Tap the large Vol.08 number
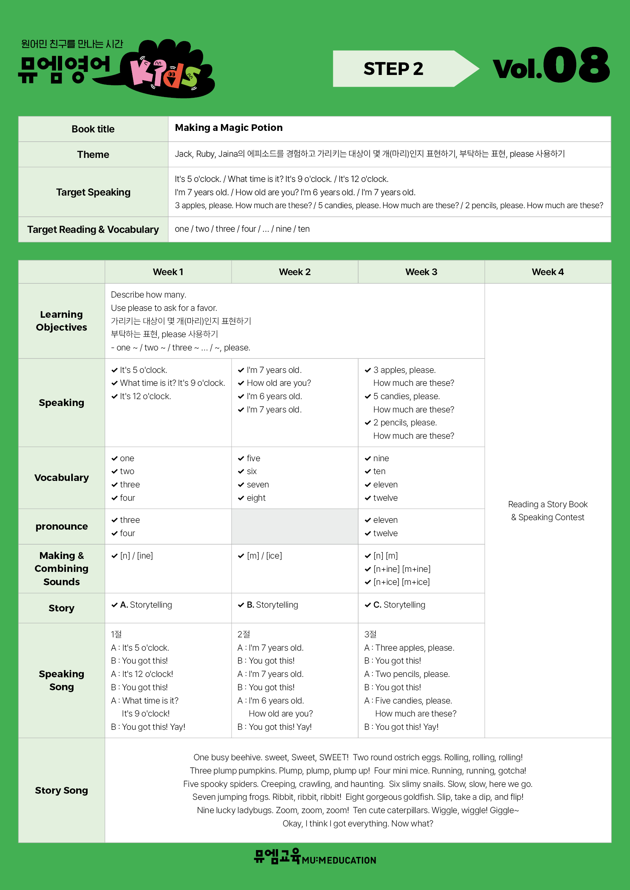[x=551, y=66]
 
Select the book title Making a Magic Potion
[x=229, y=128]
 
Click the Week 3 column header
[x=421, y=272]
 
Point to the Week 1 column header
[x=168, y=272]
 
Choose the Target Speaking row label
[x=93, y=192]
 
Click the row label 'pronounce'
[x=62, y=526]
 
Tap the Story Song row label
[x=62, y=790]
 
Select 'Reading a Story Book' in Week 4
[x=547, y=504]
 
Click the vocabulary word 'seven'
[x=257, y=484]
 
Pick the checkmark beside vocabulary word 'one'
[x=114, y=459]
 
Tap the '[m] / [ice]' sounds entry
[x=264, y=556]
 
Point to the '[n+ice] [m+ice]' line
[x=401, y=582]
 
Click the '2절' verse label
[x=244, y=634]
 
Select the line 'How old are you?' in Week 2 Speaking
[x=278, y=383]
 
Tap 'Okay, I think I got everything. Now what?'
[x=358, y=823]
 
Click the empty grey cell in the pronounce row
[x=294, y=526]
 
